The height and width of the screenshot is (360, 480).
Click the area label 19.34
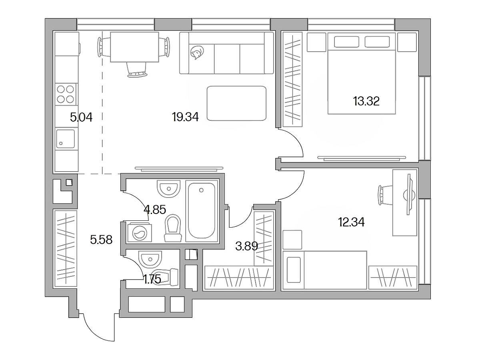[x=185, y=117]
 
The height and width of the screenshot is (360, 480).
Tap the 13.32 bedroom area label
[x=366, y=102]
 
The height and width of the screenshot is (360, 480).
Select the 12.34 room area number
[x=352, y=222]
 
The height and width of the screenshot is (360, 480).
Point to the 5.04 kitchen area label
[x=81, y=117]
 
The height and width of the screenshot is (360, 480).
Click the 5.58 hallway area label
[x=101, y=240]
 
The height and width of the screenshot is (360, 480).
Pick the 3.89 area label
[x=247, y=246]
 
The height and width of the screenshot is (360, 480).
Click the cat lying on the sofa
[x=197, y=52]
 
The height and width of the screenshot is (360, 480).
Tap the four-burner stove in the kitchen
[x=66, y=94]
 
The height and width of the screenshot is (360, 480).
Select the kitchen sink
[x=66, y=138]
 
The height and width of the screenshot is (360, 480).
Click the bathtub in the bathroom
[x=202, y=211]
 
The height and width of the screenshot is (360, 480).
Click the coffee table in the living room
[x=236, y=103]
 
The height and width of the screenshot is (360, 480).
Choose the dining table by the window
[x=134, y=47]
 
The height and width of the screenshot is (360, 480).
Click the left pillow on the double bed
[x=346, y=42]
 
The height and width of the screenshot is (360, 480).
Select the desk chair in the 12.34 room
[x=385, y=195]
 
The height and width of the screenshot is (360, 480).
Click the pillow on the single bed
[x=293, y=270]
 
